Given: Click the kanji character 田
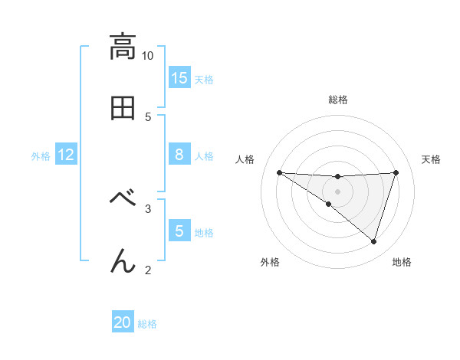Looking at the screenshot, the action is coord(123,108).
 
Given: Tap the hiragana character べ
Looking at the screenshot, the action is coord(123,198).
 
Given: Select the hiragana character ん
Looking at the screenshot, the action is coord(123,261).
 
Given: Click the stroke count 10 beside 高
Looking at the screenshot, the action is coord(148,56).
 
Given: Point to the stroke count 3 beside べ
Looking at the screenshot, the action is coord(148,207).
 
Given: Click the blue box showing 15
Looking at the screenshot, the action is coord(179,78).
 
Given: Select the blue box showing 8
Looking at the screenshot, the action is coord(179,155).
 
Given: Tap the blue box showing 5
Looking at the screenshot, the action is coord(179,231).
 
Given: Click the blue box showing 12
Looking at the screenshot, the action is coord(66,155).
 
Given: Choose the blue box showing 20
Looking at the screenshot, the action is coord(123,322).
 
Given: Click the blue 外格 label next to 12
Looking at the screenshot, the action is coord(41,155).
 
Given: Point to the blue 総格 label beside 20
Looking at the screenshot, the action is coord(147,323).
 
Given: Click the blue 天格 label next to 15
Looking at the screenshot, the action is coord(204,79).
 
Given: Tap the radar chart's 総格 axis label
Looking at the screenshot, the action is coord(338,100).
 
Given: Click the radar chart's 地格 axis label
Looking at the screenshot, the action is coord(402,262).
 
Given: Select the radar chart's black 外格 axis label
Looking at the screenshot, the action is coord(270,262).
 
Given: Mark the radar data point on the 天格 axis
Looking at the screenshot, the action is coord(396,172).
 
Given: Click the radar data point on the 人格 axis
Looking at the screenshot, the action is coord(279,172).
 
